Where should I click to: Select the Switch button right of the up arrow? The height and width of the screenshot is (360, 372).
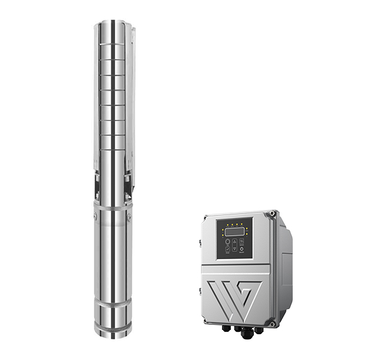[x=241, y=242]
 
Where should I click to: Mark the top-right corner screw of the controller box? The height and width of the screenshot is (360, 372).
[x=274, y=213]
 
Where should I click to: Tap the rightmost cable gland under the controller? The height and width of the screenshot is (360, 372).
[x=259, y=329]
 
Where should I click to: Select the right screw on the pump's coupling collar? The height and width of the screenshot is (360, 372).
[x=128, y=217]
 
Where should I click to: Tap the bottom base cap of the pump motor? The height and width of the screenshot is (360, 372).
[x=113, y=329]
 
